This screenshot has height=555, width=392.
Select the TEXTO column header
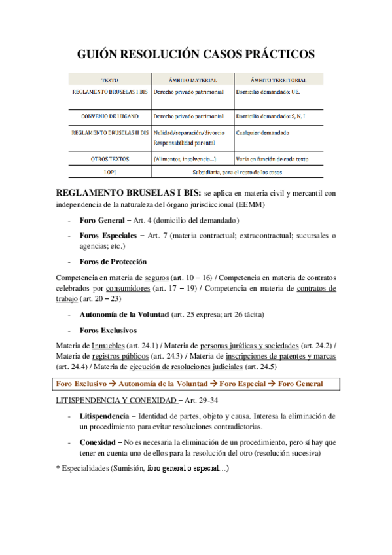109,81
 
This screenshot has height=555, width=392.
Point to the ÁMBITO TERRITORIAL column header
279,81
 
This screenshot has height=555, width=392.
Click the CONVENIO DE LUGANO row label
109,116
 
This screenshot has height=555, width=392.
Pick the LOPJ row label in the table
109,171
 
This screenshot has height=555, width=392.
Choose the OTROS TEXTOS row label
109,158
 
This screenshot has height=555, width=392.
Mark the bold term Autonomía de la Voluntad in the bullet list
124,314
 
